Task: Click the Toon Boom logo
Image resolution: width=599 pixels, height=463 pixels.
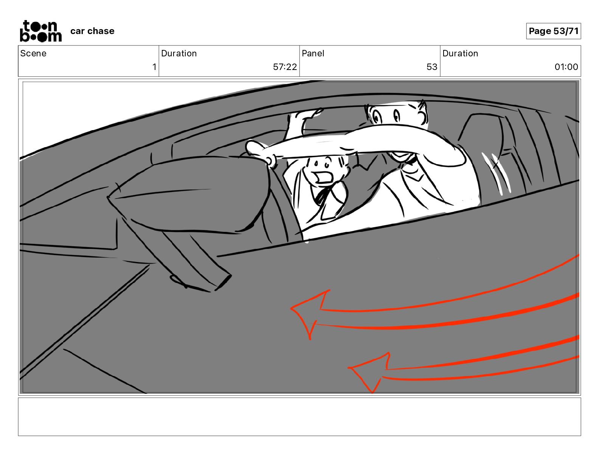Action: tap(40, 31)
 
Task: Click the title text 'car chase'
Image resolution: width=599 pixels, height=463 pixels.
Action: tap(92, 31)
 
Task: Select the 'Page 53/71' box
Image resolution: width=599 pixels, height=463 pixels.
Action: tap(553, 31)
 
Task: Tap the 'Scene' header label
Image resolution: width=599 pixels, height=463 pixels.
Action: tap(33, 53)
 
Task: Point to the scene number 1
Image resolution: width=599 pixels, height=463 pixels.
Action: tap(154, 67)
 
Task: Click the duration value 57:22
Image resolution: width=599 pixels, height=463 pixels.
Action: tap(285, 67)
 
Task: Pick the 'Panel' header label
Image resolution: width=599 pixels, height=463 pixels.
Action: tap(313, 53)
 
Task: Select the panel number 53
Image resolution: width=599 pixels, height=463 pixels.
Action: tap(432, 67)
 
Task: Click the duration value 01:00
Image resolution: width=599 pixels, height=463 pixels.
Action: tap(566, 67)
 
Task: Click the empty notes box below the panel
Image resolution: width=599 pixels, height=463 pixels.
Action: tap(299, 416)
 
